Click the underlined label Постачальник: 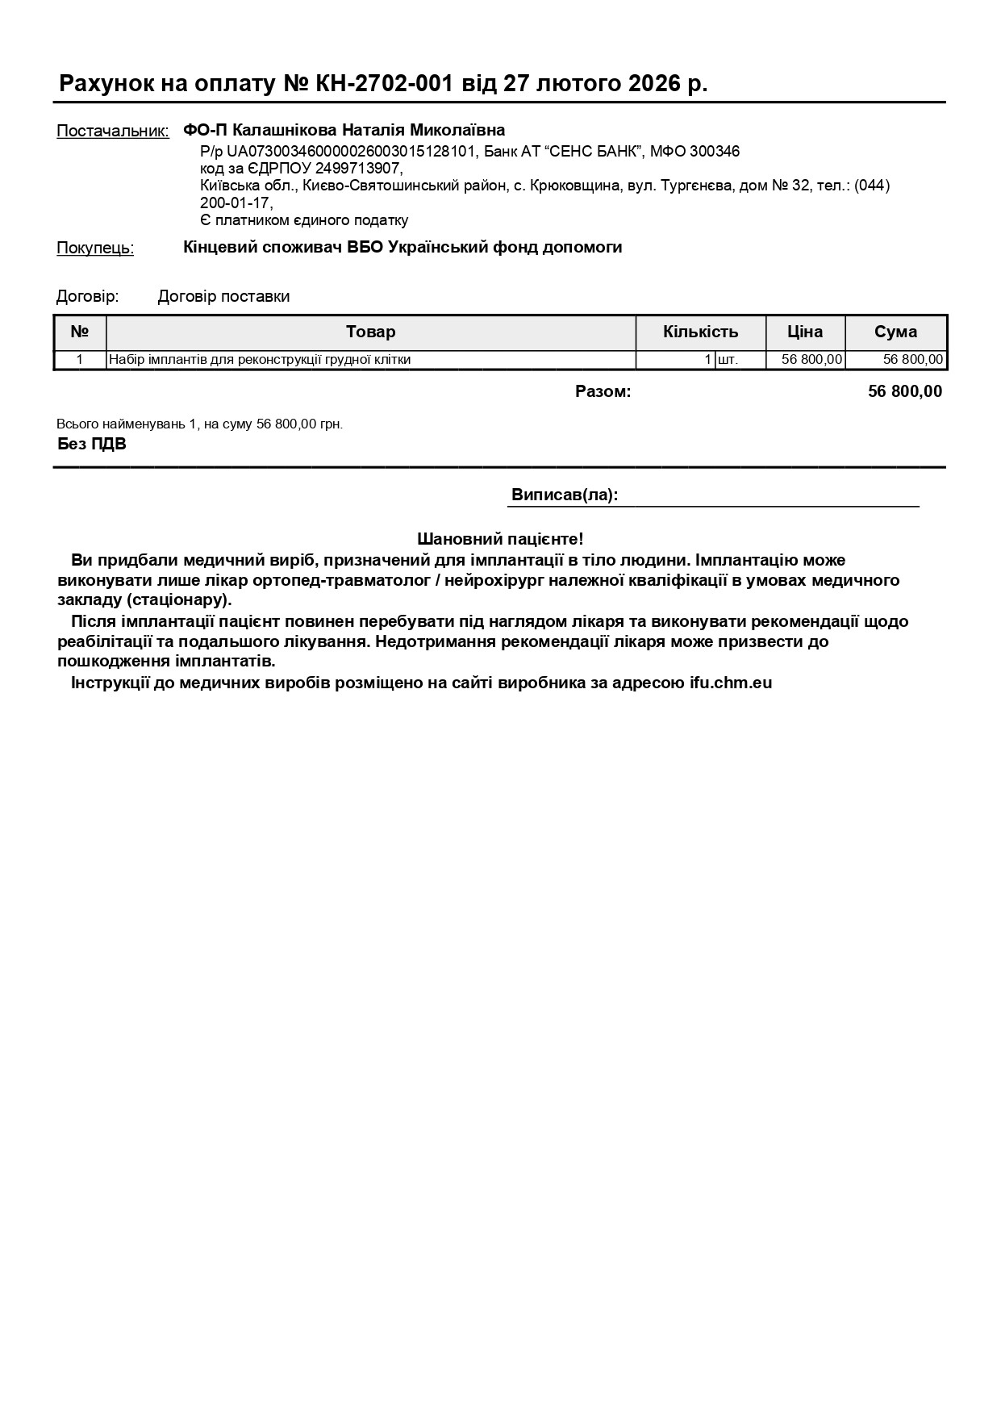(113, 132)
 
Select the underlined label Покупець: (95, 248)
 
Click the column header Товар (371, 332)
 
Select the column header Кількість (700, 332)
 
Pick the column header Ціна (805, 332)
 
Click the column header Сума (895, 332)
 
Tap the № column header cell (79, 332)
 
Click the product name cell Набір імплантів (260, 360)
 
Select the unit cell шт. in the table (728, 360)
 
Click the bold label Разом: (603, 392)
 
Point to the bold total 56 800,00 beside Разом (904, 392)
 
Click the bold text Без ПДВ (92, 444)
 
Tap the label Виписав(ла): (565, 495)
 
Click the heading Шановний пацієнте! (500, 539)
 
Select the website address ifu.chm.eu (730, 683)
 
